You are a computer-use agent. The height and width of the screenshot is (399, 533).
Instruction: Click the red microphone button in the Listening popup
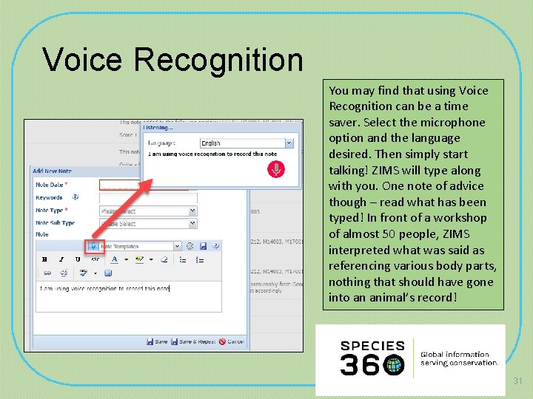coord(275,169)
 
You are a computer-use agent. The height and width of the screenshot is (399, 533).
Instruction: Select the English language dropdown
coord(247,143)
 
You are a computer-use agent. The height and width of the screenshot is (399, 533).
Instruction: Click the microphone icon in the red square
coord(94,246)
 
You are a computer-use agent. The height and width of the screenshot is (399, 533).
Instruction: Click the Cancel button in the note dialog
coord(232,341)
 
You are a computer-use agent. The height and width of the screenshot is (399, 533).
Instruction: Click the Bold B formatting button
coord(44,259)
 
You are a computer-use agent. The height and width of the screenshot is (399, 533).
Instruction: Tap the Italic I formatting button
coord(61,259)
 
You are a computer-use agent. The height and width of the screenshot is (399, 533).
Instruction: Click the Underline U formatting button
coord(78,259)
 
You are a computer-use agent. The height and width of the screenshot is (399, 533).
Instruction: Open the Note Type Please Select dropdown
coord(148,211)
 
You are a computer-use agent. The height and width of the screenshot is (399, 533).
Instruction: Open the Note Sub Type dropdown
coord(148,223)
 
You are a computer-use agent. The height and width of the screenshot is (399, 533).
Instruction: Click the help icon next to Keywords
coord(75,197)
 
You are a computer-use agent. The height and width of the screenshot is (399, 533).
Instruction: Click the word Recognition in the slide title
coord(223,60)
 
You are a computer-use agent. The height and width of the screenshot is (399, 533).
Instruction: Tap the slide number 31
coord(517,381)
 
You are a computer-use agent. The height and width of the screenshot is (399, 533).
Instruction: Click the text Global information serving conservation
coord(459,358)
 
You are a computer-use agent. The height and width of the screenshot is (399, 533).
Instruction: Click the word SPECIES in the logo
coord(372,346)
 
